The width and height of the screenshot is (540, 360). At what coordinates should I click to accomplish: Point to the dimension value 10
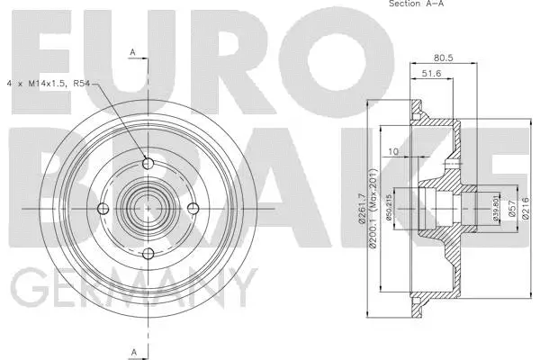tap(392, 152)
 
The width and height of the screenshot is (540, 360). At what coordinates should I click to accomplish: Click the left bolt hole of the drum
tap(103, 208)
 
